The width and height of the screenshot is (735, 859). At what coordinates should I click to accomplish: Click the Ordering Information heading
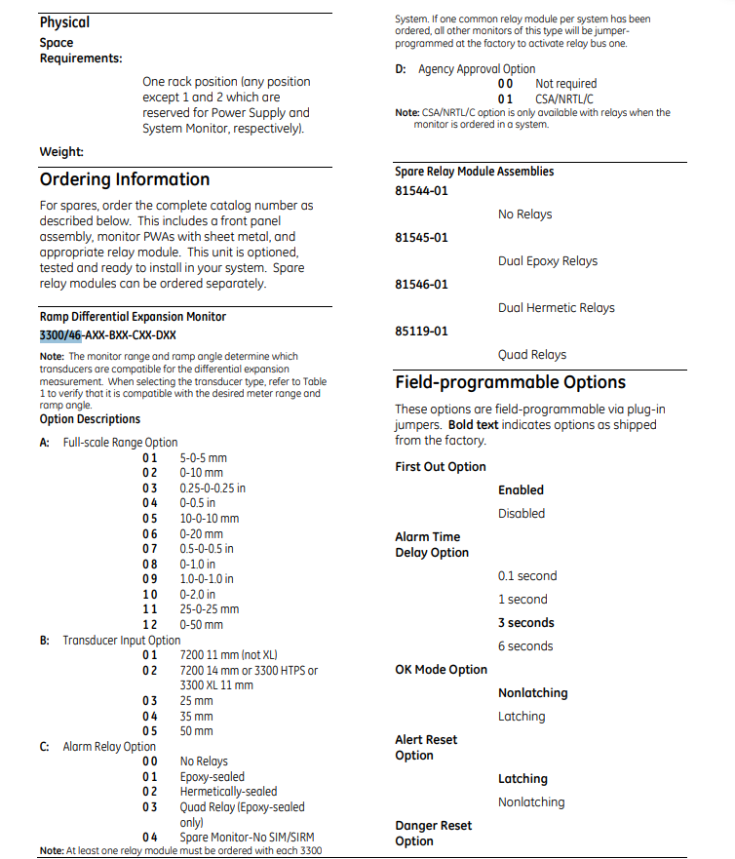[x=125, y=179]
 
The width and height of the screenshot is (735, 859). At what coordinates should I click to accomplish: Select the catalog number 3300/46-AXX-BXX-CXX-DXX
[x=107, y=335]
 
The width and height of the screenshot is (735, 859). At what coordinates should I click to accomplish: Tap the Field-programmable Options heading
[x=510, y=382]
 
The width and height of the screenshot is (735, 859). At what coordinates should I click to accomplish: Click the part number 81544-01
[x=421, y=191]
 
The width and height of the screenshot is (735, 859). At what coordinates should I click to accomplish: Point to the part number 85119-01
[x=421, y=332]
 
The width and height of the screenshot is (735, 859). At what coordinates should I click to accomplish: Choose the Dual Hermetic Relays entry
[x=556, y=308]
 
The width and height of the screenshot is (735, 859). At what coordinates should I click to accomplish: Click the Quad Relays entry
[x=531, y=355]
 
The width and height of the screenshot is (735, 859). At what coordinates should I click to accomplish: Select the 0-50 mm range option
[x=201, y=625]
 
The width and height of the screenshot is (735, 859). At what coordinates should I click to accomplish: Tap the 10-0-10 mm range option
[x=209, y=519]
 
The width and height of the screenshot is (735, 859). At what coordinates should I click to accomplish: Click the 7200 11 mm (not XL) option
[x=228, y=655]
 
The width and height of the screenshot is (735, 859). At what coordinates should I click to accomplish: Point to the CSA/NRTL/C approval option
[x=565, y=99]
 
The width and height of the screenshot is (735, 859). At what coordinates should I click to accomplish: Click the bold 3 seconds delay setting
[x=525, y=623]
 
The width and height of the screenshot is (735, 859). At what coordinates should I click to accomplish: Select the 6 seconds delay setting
[x=524, y=646]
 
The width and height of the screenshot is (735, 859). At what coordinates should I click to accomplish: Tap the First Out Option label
[x=440, y=467]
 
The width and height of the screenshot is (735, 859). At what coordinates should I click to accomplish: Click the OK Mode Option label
[x=441, y=670]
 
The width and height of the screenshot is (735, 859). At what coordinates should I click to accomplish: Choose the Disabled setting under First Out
[x=521, y=514]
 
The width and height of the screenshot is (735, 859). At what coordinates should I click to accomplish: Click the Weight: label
[x=61, y=152]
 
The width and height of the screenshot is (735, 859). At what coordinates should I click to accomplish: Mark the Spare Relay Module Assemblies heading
[x=474, y=172]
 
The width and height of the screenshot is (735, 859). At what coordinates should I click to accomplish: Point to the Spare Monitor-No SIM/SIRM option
[x=247, y=837]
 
